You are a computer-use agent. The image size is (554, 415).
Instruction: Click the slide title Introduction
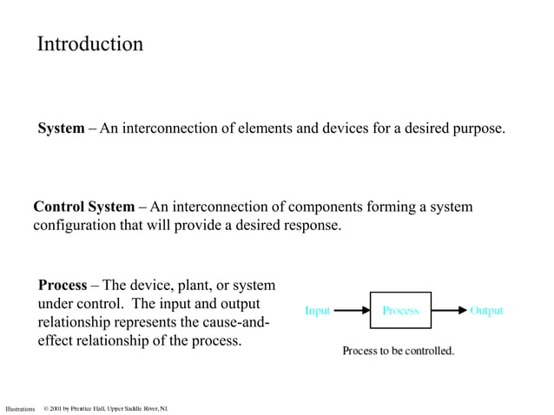(x=90, y=44)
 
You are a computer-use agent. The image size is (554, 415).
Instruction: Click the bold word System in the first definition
(x=61, y=129)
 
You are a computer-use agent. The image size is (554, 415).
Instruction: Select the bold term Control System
(x=83, y=207)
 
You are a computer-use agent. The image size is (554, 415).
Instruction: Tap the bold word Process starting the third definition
(x=63, y=286)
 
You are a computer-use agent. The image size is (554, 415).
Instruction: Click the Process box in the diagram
(x=400, y=310)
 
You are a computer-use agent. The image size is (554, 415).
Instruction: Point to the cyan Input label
(x=317, y=311)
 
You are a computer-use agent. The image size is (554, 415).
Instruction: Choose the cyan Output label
(x=486, y=311)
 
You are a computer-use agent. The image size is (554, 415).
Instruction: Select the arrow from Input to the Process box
(x=352, y=310)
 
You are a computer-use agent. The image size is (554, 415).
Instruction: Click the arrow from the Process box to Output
(x=449, y=310)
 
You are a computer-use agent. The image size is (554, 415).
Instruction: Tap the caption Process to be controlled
(x=398, y=352)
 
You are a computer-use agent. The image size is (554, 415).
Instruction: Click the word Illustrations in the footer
(x=19, y=408)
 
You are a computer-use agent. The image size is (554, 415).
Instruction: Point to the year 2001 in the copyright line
(x=57, y=408)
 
